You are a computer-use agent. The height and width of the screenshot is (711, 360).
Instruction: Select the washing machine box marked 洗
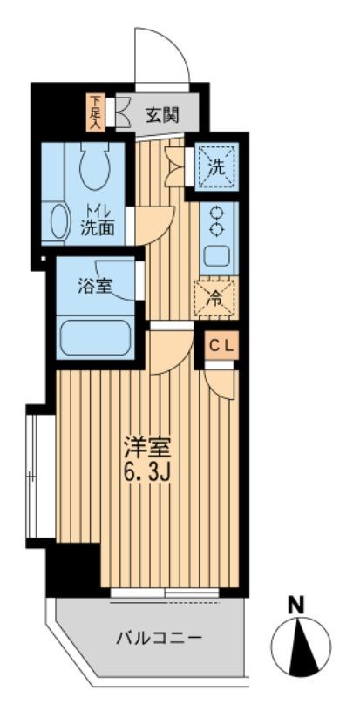pos(215,163)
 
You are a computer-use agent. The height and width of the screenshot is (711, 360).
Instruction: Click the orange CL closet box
pos(221,345)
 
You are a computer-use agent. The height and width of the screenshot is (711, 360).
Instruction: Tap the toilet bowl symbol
pos(91,165)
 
